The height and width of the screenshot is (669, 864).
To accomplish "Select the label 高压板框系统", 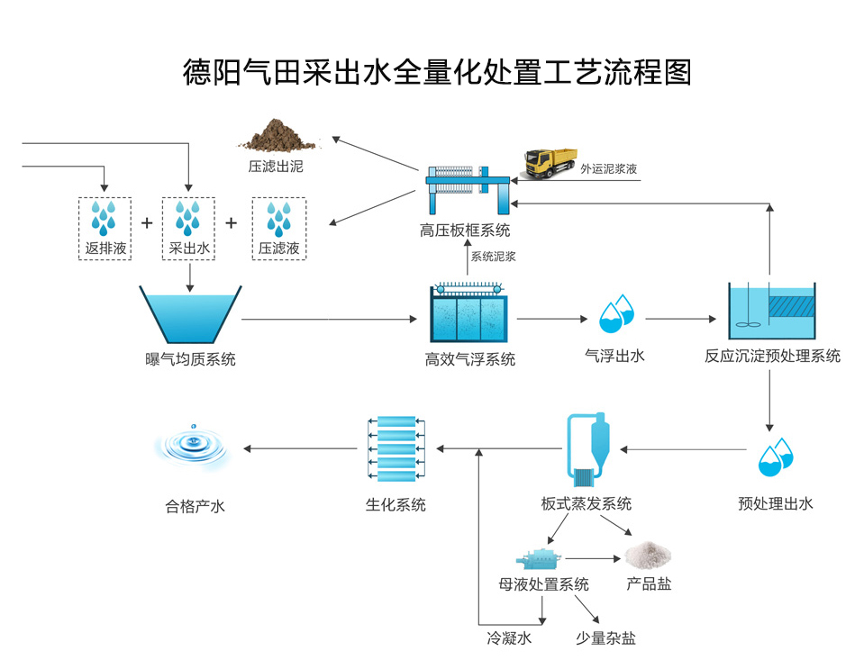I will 465,231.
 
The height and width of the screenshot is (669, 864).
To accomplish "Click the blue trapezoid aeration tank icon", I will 190,314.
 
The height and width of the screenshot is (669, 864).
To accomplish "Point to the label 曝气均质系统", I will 190,359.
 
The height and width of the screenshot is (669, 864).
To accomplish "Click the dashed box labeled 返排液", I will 105,229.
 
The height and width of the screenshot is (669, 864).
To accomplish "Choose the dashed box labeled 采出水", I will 189,229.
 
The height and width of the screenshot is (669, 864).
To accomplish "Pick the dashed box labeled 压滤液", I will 278,229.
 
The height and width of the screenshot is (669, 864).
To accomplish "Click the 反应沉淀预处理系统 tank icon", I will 771,312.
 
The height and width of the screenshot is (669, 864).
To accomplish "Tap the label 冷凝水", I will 509,638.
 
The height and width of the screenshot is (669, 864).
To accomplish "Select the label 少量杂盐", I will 605,638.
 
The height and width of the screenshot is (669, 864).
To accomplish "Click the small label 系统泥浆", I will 493,257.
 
